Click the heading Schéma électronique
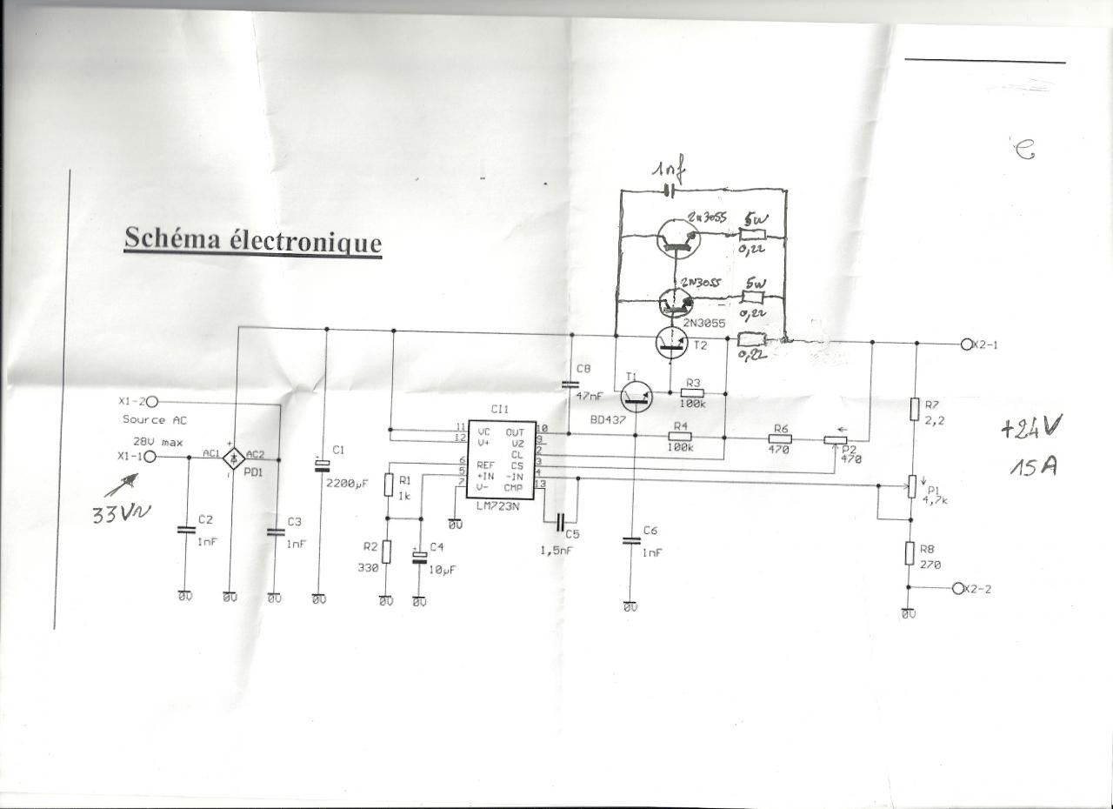coord(252,239)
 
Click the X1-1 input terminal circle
coord(150,456)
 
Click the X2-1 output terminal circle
coord(966,343)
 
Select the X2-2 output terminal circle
coord(958,588)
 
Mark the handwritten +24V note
coord(1031,428)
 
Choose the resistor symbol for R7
coord(915,409)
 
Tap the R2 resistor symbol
coord(387,552)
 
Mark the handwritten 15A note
coord(1033,467)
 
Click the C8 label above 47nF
coord(583,369)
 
